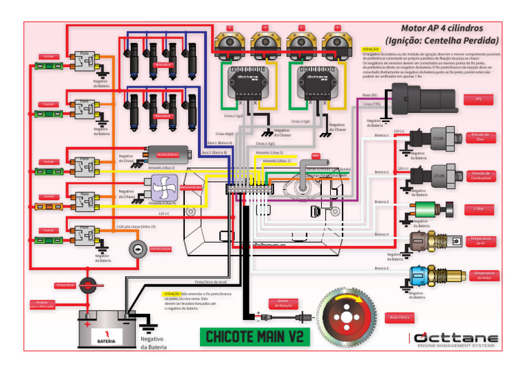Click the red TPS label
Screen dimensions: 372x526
(478, 99)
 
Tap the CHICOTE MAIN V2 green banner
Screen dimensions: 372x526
(255, 336)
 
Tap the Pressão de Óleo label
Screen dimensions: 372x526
(479, 137)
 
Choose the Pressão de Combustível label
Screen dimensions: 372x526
(479, 176)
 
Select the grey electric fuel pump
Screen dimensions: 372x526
(168, 155)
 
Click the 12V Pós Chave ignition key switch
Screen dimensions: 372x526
(139, 249)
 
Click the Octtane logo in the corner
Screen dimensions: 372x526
(455, 340)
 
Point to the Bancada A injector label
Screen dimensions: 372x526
(163, 65)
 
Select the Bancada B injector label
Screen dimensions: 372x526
(163, 116)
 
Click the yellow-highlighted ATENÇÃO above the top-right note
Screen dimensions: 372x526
(370, 50)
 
